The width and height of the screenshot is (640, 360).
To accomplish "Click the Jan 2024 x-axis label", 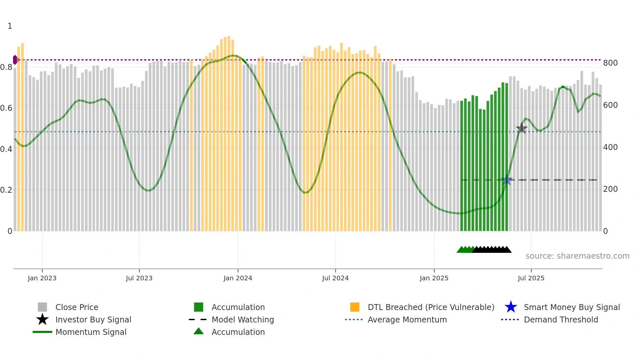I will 238,278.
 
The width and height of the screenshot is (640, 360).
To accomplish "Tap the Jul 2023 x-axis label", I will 139,278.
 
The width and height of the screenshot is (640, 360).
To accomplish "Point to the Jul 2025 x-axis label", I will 531,278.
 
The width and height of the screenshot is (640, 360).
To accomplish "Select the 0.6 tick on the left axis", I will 7,108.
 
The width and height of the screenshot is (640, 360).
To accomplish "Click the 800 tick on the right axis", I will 610,63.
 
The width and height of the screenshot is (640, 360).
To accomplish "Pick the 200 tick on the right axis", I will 610,189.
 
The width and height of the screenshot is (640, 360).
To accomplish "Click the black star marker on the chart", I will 521,128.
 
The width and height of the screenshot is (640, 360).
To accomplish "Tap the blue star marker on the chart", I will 507,180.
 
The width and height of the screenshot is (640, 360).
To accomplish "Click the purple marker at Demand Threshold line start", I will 15,60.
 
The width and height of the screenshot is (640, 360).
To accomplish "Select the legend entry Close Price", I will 77,307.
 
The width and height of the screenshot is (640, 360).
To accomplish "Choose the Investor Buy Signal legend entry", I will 93,319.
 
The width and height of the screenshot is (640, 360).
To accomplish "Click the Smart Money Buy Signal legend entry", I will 571,307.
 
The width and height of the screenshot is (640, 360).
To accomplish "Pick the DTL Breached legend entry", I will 431,307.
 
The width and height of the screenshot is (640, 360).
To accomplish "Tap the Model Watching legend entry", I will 243,319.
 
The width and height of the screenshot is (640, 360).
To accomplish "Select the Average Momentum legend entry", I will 407,319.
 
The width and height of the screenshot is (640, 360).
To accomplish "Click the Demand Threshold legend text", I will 561,319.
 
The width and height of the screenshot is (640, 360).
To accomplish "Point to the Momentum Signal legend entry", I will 91,332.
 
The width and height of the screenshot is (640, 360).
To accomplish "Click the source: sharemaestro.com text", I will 577,256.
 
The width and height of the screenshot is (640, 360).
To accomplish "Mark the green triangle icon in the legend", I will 199,331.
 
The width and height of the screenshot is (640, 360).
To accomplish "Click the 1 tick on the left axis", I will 10,26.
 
